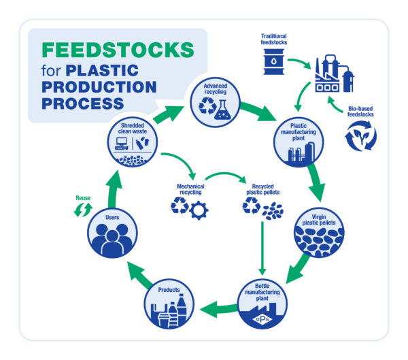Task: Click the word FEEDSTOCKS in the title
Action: tap(118, 50)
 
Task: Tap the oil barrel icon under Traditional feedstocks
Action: tap(274, 62)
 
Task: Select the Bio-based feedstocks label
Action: tap(360, 112)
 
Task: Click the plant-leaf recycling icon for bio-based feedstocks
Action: tap(360, 135)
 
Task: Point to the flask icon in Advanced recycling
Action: tap(222, 110)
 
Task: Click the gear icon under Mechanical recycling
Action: tap(199, 210)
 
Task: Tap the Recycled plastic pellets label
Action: tap(262, 189)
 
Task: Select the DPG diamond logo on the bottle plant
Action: tap(262, 319)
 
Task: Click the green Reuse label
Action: tap(83, 198)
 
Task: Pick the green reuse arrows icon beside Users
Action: tap(83, 210)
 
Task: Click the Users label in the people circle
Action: tap(112, 217)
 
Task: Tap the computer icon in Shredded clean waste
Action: tap(122, 144)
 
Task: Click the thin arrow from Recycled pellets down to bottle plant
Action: tap(262, 248)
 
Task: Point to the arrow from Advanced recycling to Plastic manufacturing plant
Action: tap(258, 111)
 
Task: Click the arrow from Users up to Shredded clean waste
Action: tap(114, 190)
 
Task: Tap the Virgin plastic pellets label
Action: tap(319, 220)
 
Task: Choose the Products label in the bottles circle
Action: tap(169, 290)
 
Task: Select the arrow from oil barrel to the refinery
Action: tap(300, 62)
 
